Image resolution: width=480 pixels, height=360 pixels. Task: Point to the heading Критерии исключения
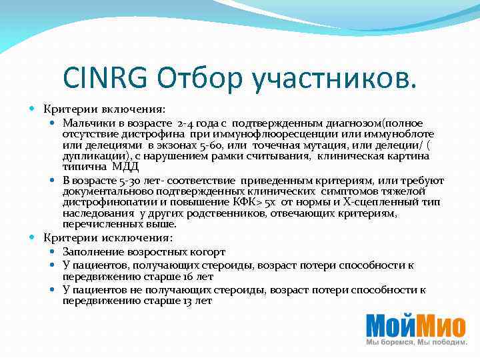[x=108, y=238]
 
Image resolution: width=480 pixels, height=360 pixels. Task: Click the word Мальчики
[x=87, y=123]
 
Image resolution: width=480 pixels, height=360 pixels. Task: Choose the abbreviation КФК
[x=250, y=203]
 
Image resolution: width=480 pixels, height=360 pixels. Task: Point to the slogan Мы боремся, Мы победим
[x=415, y=341]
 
